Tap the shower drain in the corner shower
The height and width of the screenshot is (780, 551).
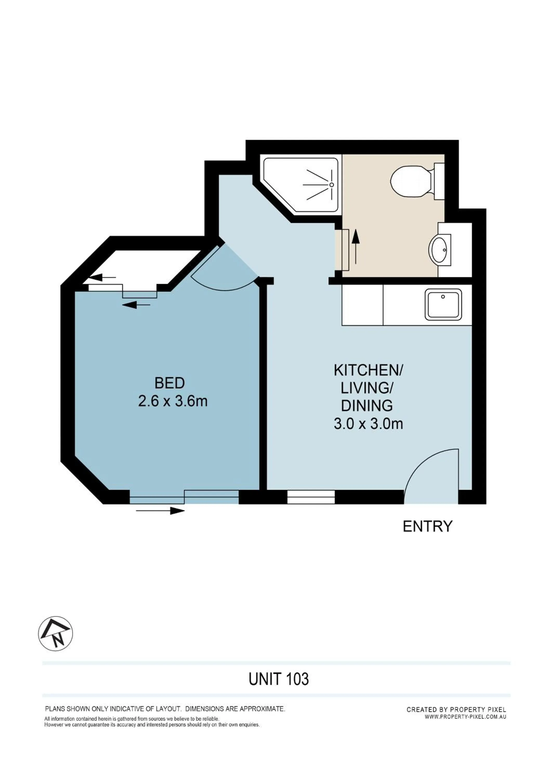pyautogui.click(x=332, y=184)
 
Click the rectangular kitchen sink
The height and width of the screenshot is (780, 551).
pyautogui.click(x=443, y=304)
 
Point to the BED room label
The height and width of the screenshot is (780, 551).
pyautogui.click(x=169, y=383)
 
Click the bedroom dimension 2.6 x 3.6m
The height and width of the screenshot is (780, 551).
pyautogui.click(x=173, y=401)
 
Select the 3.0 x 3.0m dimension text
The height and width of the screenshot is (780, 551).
pyautogui.click(x=368, y=424)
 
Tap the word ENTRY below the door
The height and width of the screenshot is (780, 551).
pyautogui.click(x=428, y=526)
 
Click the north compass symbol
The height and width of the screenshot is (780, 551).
pyautogui.click(x=55, y=634)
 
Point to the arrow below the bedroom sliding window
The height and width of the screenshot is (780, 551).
pyautogui.click(x=160, y=511)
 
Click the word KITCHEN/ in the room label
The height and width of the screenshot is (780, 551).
pyautogui.click(x=368, y=371)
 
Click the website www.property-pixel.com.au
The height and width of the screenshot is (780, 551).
pyautogui.click(x=465, y=717)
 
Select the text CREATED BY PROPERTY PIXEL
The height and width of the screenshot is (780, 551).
pyautogui.click(x=456, y=709)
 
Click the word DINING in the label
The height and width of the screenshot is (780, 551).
pyautogui.click(x=367, y=406)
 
